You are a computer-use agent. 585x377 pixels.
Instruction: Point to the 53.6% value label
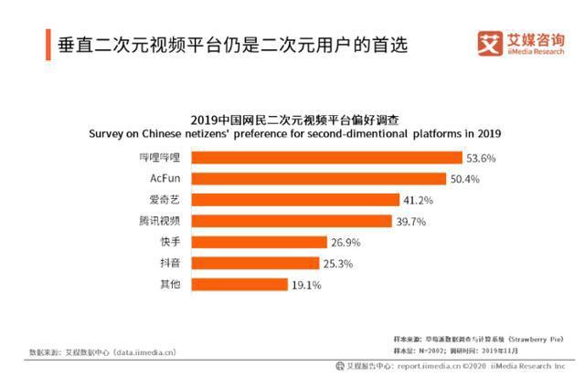[481, 158]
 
